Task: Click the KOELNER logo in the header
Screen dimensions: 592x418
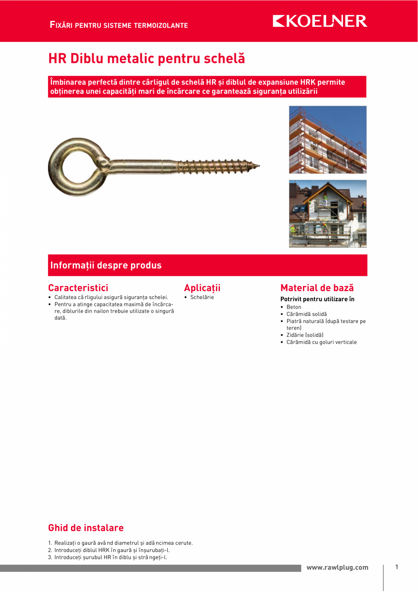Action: [x=320, y=21]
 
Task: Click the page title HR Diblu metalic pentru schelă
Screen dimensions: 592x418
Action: [x=146, y=59]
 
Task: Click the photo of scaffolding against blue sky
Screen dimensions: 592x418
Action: [x=328, y=140]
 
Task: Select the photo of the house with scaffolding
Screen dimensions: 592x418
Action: [x=328, y=213]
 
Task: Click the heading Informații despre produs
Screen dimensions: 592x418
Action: [x=106, y=265]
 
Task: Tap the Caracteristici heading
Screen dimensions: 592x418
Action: [x=78, y=288]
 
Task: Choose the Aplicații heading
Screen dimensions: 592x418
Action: [x=202, y=288]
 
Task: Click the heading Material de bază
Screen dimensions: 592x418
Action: [x=317, y=288]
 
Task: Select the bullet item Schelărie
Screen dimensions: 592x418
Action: [x=202, y=297]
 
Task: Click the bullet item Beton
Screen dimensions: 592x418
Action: [x=294, y=307]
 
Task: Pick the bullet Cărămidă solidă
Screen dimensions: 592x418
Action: [x=306, y=314]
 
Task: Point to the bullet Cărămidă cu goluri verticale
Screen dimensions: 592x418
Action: [x=321, y=342]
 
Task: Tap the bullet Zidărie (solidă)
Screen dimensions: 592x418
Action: [x=305, y=335]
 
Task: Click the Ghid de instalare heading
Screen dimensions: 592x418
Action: [x=86, y=528]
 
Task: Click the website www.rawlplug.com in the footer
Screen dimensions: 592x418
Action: [x=337, y=567]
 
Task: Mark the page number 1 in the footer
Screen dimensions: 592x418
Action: [x=397, y=567]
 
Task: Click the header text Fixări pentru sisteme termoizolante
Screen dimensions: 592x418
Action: [x=119, y=25]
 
